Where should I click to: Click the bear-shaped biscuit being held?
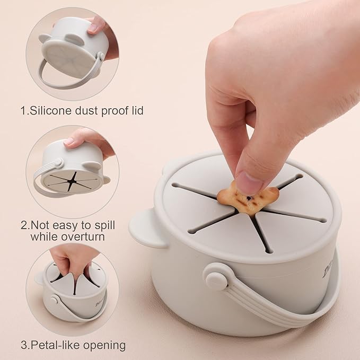pyautogui.click(x=248, y=197)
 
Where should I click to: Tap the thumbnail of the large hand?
pyautogui.click(x=250, y=183)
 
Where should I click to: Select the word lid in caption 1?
pyautogui.click(x=137, y=110)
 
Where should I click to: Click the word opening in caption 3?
pyautogui.click(x=104, y=346)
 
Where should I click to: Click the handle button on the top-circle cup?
pyautogui.click(x=101, y=56)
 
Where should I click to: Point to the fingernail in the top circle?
pyautogui.click(x=93, y=28)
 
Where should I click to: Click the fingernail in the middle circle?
pyautogui.click(x=68, y=141)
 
